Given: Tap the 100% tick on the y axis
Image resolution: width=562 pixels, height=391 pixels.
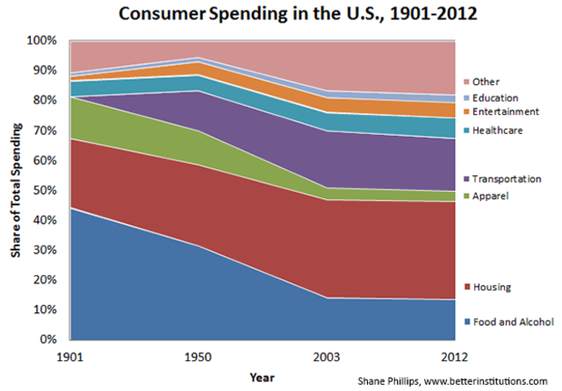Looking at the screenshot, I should point(44,40).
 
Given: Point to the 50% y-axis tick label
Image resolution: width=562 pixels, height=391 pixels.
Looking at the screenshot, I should point(47,190).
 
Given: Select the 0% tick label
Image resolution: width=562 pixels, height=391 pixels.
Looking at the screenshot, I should point(49,339).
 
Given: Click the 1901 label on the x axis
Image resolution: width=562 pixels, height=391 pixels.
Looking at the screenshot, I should point(70,357).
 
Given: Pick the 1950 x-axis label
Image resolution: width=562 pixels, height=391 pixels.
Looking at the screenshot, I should point(205,357).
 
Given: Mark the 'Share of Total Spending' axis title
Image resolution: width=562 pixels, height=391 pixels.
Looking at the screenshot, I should point(17,190).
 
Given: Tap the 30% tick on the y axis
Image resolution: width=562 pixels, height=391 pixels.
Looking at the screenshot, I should point(47,250).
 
